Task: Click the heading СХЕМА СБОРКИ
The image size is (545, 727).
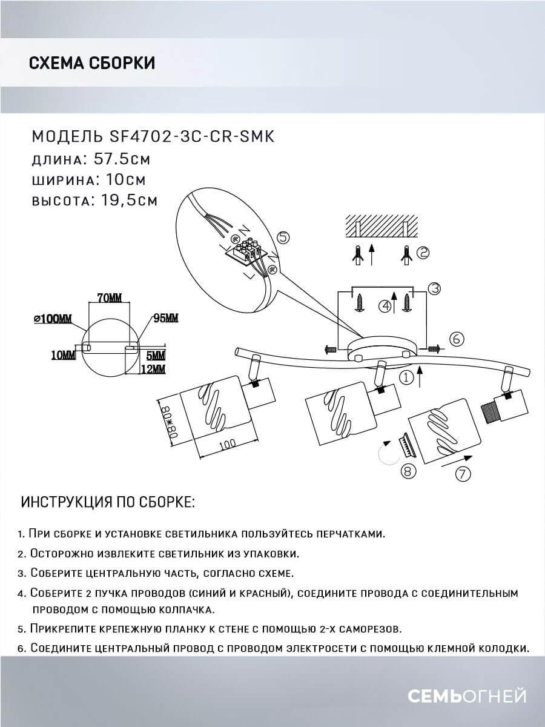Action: coord(91,63)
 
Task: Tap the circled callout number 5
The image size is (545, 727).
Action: coord(283,237)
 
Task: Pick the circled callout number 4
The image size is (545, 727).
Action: coord(384,306)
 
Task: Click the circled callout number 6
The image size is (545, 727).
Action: coord(457,339)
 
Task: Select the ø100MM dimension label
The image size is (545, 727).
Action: coord(53,319)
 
